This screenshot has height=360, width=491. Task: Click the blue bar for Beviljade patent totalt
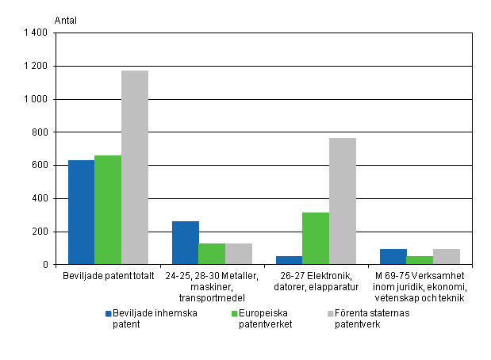pos(81,213)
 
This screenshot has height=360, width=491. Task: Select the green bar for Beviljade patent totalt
pos(108,210)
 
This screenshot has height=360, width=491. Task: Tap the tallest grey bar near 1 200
pos(134,167)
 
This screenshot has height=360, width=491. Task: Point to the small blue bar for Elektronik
pos(290,260)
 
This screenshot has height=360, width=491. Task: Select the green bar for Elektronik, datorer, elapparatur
pos(316,238)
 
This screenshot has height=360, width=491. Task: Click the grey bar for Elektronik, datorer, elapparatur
pos(342,201)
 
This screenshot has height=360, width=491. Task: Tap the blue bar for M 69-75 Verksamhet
pos(393,256)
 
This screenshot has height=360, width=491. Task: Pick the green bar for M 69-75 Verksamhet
pos(420,260)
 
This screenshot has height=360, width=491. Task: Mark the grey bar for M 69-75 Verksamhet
pos(446,256)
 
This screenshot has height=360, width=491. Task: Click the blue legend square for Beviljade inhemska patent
pos(109,313)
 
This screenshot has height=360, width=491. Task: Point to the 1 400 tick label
pos(37,33)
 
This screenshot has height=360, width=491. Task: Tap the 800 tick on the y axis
pos(41,132)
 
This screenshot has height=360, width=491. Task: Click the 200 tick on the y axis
pos(41,232)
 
